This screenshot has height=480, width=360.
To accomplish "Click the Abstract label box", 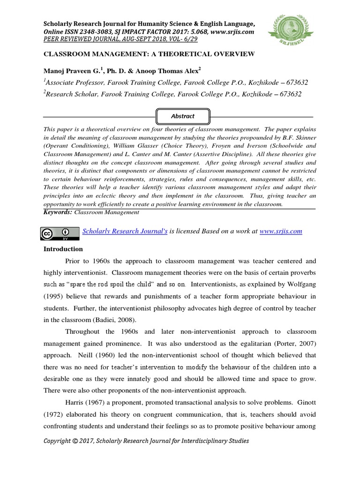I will [x=182, y=116].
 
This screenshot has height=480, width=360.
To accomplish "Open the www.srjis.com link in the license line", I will [x=280, y=231].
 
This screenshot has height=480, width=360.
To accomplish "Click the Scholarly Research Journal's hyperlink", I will [x=125, y=231].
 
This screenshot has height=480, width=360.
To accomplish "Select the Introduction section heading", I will [x=63, y=249].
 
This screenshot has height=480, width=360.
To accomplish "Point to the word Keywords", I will [x=58, y=212].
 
